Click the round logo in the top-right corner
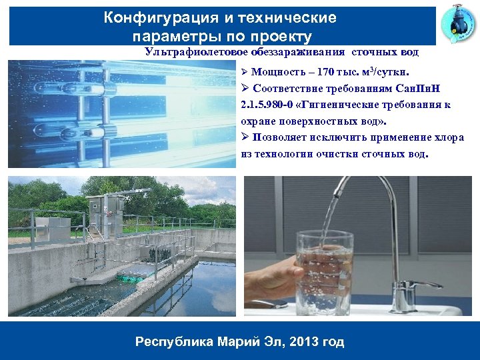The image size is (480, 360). (x=458, y=25)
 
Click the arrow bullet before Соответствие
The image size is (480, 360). (x=245, y=88)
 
